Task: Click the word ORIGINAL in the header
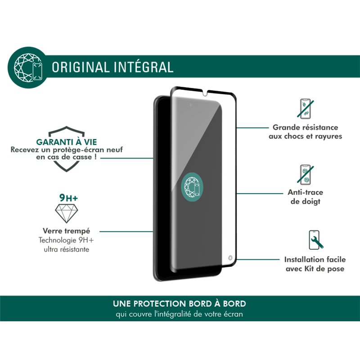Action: [80, 67]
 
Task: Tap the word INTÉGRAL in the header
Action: [144, 67]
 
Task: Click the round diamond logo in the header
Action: [28, 67]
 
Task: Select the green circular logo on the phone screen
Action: [192, 186]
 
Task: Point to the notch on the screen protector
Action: [205, 93]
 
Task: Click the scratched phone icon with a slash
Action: [306, 108]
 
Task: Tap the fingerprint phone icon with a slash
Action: [306, 175]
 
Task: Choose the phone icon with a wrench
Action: [316, 240]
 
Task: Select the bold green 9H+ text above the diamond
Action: [68, 198]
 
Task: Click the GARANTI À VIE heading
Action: [67, 142]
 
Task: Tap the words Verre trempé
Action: [66, 231]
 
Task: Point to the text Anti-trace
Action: [306, 192]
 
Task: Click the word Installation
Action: [302, 260]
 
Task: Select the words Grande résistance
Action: [306, 127]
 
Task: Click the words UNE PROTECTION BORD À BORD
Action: [179, 303]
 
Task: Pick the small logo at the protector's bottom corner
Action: [230, 258]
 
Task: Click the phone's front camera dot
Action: [191, 105]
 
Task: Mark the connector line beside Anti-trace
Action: [260, 193]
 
